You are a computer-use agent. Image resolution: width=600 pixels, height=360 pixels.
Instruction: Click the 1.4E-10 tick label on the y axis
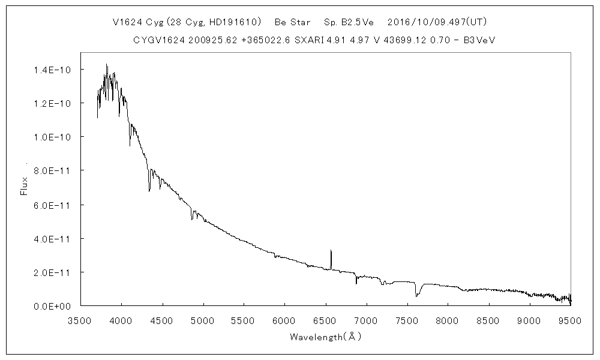(53, 70)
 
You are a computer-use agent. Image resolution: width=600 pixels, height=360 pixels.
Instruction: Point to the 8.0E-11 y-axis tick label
(53, 171)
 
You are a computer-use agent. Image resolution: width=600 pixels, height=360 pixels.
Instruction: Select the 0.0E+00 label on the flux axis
(53, 306)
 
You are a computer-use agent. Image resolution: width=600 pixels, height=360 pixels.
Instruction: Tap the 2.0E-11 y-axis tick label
(53, 272)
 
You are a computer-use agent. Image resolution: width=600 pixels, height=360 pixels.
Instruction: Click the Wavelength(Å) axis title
(325, 337)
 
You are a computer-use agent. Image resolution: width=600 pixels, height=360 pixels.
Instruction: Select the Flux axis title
(25, 186)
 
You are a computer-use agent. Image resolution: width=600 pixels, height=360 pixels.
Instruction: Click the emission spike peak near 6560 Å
(331, 250)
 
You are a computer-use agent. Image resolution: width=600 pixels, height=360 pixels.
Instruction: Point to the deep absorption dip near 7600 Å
(416, 295)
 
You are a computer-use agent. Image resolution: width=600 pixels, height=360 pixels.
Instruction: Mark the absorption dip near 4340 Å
(149, 191)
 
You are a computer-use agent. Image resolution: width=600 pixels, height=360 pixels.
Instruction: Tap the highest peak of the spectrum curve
(107, 64)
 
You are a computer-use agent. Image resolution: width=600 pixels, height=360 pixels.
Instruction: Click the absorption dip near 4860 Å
(191, 220)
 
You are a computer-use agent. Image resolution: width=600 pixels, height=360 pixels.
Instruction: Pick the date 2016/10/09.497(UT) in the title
(437, 22)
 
